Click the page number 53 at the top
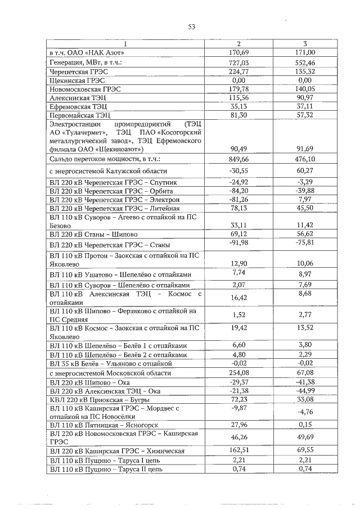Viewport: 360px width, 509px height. [x=191, y=26]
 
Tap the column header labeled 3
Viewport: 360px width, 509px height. [x=304, y=44]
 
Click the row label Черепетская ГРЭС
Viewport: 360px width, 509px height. [x=78, y=71]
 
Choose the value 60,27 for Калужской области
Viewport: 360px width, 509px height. [x=304, y=170]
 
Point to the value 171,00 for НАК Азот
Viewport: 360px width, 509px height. [x=304, y=52]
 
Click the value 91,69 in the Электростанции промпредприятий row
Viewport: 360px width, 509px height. [x=304, y=148]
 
